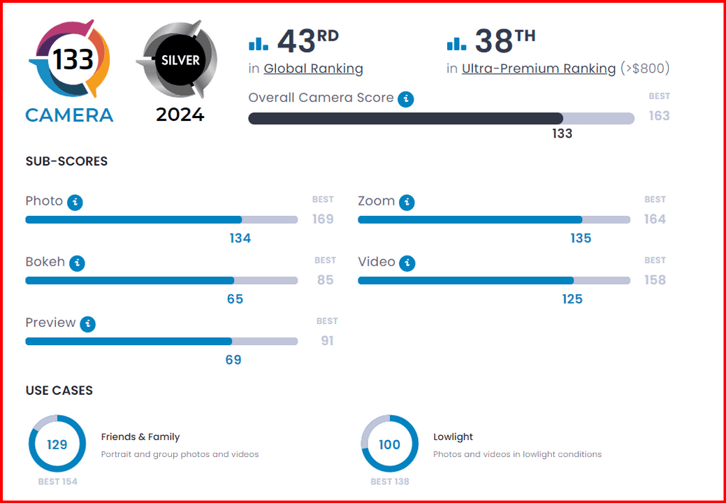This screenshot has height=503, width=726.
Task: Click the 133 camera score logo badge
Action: pyautogui.click(x=69, y=60)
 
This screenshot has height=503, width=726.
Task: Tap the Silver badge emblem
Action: pyautogui.click(x=180, y=60)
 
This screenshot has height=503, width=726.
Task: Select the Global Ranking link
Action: pyautogui.click(x=313, y=68)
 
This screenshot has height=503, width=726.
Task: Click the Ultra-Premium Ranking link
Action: pyautogui.click(x=539, y=68)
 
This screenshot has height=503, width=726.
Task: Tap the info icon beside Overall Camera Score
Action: pyautogui.click(x=405, y=99)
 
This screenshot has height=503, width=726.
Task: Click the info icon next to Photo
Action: pyautogui.click(x=75, y=203)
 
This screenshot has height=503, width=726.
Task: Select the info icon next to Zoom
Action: pyautogui.click(x=406, y=203)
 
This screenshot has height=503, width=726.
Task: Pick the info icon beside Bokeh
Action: pyautogui.click(x=77, y=263)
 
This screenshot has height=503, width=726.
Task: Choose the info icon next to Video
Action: pyautogui.click(x=407, y=263)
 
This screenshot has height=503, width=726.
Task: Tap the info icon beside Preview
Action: pyautogui.click(x=87, y=324)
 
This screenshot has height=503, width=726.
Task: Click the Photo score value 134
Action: pyautogui.click(x=240, y=238)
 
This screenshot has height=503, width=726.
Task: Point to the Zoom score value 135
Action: pyautogui.click(x=580, y=238)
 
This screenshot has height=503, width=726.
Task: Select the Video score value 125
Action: pyautogui.click(x=572, y=299)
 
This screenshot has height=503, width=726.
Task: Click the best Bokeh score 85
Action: pyautogui.click(x=325, y=280)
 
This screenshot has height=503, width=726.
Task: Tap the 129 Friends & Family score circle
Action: pyautogui.click(x=57, y=444)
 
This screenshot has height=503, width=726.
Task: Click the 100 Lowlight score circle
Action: pyautogui.click(x=389, y=444)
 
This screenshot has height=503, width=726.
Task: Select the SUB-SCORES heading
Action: pyautogui.click(x=66, y=161)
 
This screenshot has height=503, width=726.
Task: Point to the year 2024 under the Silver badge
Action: pyautogui.click(x=180, y=115)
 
